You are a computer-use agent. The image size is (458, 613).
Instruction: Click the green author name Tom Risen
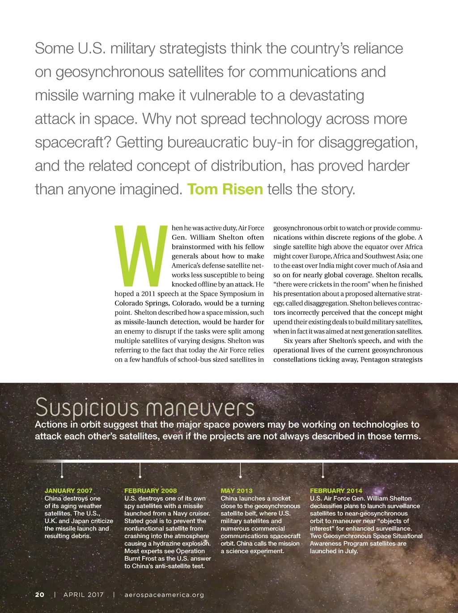click(x=225, y=189)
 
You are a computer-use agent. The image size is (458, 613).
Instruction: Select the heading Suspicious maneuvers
click(x=144, y=407)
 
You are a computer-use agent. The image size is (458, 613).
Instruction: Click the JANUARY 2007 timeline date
click(x=68, y=491)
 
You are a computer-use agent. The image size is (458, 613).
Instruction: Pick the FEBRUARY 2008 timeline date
click(x=150, y=491)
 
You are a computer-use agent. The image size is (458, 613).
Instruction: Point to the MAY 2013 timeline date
click(x=237, y=491)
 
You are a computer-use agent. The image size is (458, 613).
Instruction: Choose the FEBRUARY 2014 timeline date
click(x=336, y=491)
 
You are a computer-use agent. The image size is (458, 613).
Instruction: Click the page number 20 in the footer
click(x=40, y=595)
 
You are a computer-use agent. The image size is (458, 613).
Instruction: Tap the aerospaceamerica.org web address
click(x=164, y=595)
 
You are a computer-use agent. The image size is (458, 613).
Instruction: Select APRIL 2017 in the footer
click(x=84, y=595)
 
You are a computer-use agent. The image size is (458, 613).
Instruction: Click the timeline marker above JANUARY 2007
click(x=62, y=469)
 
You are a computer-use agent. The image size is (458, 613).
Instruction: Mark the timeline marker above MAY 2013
click(x=241, y=469)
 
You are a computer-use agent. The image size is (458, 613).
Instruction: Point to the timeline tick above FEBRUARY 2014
click(x=323, y=469)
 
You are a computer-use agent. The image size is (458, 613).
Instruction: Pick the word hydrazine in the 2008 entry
click(x=168, y=544)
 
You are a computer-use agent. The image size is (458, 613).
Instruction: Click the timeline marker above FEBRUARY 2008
click(x=140, y=469)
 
